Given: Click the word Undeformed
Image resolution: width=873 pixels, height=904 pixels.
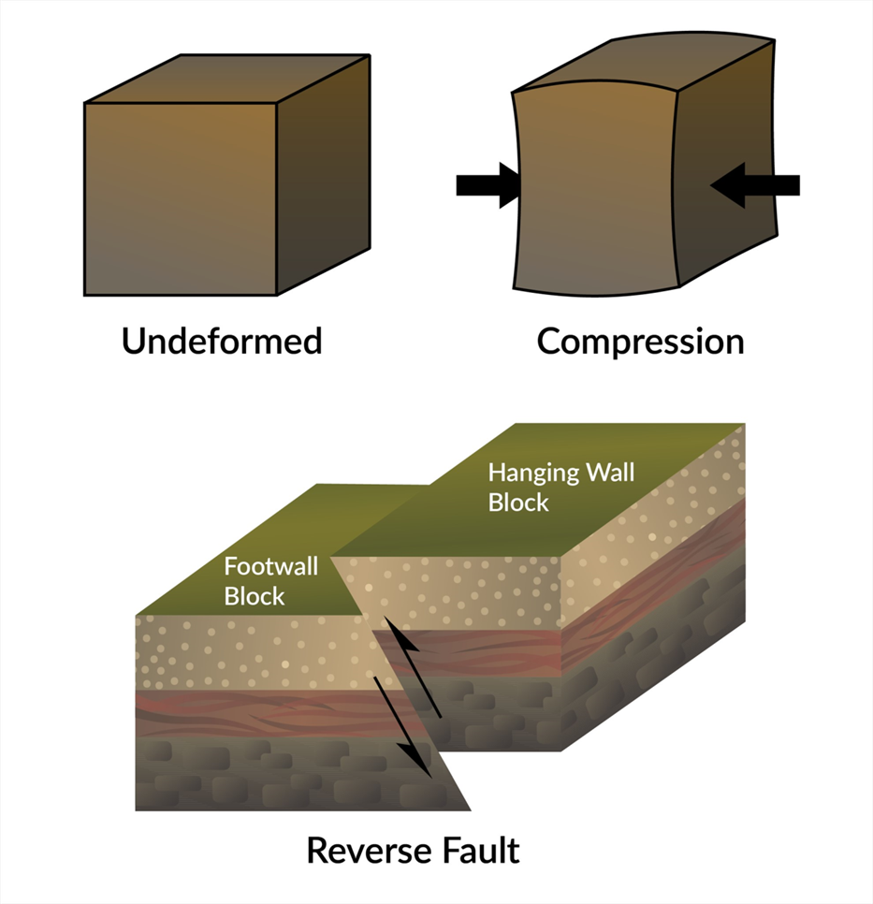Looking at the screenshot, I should tap(222, 341).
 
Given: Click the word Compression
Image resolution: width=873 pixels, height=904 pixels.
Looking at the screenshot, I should tap(640, 341).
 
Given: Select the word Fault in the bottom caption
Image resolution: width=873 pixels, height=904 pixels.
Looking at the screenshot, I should tap(481, 851).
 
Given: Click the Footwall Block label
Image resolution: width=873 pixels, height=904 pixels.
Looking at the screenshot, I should tap(270, 580).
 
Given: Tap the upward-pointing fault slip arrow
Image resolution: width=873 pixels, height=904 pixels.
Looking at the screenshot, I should tap(419, 668).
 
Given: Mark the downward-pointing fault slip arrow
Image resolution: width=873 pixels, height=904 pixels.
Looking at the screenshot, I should tap(403, 726).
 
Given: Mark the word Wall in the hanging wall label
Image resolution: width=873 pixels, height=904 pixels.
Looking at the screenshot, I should tap(611, 472).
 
